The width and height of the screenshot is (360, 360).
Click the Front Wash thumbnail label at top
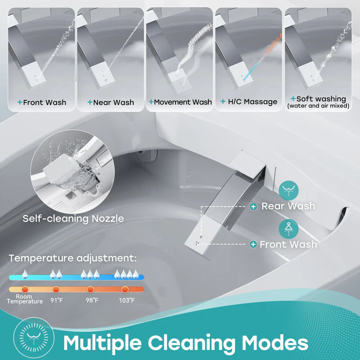[41, 102]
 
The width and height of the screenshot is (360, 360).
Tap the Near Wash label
[111, 102]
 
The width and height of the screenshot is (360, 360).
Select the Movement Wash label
[180, 102]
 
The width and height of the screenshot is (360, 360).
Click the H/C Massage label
[248, 102]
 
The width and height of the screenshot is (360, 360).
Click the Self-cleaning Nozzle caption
[73, 219]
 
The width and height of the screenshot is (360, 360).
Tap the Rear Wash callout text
[288, 206]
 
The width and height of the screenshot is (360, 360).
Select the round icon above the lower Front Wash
[288, 229]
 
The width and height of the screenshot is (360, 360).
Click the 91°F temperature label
[56, 300]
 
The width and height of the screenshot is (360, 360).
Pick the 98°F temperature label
[91, 300]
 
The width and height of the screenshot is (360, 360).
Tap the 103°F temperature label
[126, 300]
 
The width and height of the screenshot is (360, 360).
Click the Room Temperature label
[24, 299]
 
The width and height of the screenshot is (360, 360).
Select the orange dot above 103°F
[126, 289]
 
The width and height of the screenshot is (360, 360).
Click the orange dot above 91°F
[56, 289]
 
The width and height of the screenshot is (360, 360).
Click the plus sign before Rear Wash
[254, 206]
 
